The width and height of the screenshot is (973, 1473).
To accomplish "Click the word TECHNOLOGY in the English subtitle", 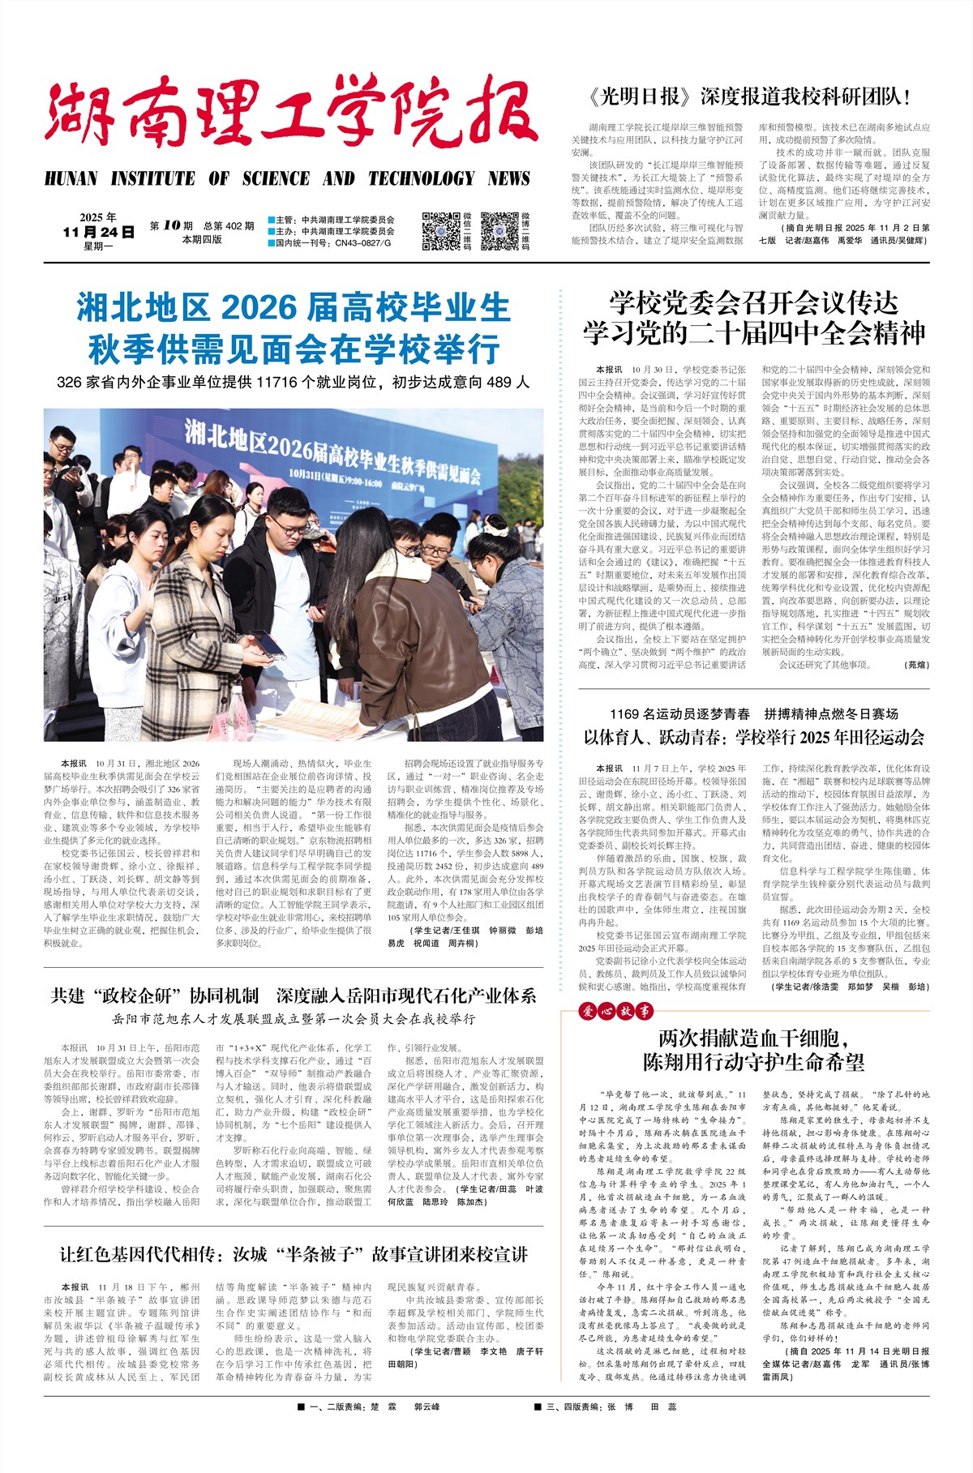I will [421, 179].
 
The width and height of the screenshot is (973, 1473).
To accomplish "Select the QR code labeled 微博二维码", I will [499, 230].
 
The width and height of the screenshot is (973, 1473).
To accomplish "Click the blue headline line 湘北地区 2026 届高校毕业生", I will [294, 309].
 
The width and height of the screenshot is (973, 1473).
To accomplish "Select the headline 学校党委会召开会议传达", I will [753, 304].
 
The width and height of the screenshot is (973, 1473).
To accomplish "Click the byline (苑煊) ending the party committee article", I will [917, 665].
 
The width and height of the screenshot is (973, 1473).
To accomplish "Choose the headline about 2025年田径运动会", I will [753, 738].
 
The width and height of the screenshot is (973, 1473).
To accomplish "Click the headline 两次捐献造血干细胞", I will [753, 1038].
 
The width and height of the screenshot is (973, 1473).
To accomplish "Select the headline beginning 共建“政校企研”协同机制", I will [294, 996].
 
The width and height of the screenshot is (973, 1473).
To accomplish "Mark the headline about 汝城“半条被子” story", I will [294, 1255].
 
